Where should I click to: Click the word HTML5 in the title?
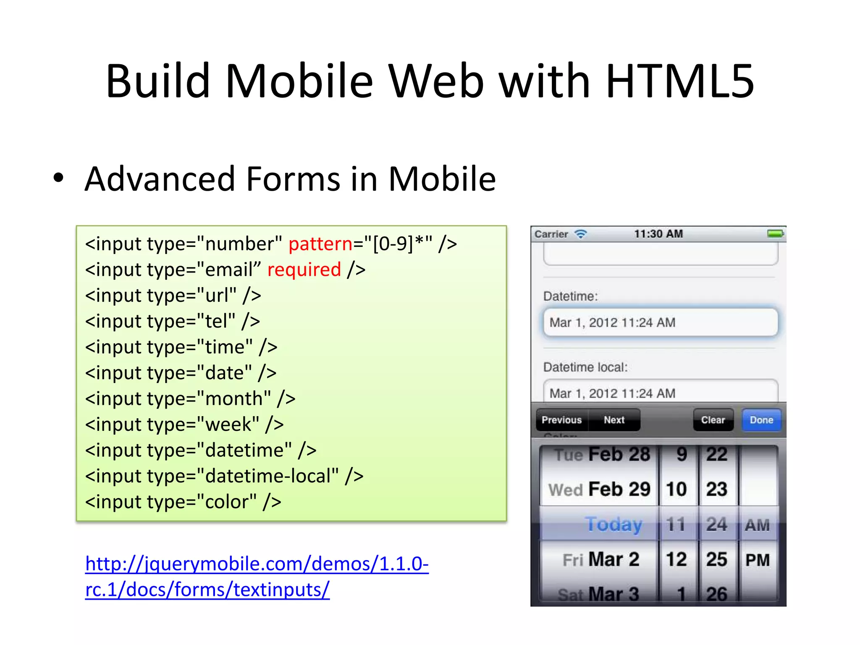(x=680, y=81)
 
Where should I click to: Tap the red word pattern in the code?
(x=320, y=244)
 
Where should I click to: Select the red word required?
(x=304, y=270)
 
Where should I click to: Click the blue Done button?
(x=761, y=420)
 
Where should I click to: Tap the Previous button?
(x=562, y=420)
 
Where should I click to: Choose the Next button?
(x=614, y=420)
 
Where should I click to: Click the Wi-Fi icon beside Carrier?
(x=581, y=234)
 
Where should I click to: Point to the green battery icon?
(x=775, y=233)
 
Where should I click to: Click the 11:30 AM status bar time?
(x=658, y=234)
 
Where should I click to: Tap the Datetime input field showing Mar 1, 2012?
(x=660, y=322)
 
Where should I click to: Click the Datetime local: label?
(x=585, y=367)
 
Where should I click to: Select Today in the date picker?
(x=614, y=524)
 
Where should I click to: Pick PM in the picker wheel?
(x=758, y=560)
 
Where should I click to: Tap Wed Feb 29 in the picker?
(x=599, y=489)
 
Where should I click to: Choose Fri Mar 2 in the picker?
(x=600, y=559)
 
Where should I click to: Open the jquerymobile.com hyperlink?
(x=257, y=564)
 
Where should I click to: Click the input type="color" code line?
(x=183, y=502)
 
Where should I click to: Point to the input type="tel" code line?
(x=173, y=321)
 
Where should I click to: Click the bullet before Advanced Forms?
(x=58, y=178)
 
